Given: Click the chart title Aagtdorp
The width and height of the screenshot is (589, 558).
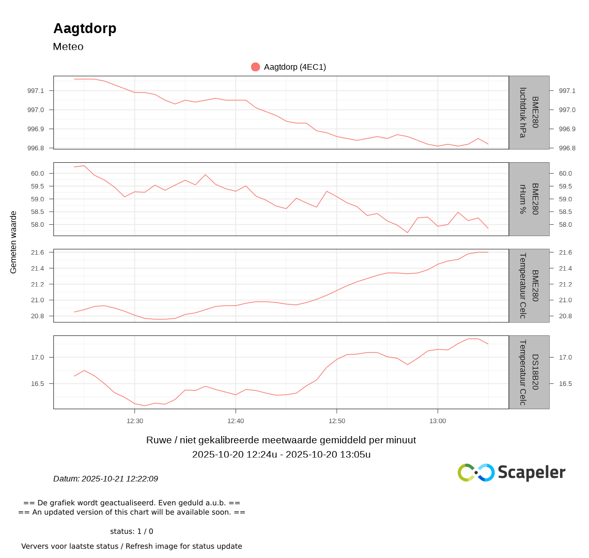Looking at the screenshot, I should (x=85, y=28).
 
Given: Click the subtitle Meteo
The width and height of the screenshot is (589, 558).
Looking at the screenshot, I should (x=68, y=47).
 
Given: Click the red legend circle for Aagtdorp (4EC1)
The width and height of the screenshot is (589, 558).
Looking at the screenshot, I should (x=255, y=67).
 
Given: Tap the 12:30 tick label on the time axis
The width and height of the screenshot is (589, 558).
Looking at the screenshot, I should (x=135, y=421).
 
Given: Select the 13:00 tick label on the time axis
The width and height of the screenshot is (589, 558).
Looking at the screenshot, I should (x=438, y=421).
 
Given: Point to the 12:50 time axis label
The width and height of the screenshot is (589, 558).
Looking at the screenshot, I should (x=337, y=421).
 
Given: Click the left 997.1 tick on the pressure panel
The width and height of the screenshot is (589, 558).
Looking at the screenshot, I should (x=36, y=91).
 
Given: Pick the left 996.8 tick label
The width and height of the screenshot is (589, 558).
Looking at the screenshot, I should (x=36, y=148).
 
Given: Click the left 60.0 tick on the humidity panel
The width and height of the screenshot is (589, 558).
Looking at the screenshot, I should (x=38, y=174).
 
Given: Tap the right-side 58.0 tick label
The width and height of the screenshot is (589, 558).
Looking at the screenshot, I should (x=565, y=225).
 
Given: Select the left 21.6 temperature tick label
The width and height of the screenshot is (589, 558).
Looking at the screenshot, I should (x=38, y=253).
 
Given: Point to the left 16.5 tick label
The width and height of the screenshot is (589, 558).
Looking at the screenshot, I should (x=38, y=384).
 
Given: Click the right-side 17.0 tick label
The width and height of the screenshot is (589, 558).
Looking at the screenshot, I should (x=565, y=358).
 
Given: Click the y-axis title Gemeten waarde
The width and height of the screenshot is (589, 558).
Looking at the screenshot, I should (x=13, y=242).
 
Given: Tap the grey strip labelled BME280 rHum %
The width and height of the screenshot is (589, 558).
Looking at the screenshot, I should (x=529, y=199).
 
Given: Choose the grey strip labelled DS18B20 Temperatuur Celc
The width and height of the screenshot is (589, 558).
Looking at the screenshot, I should (x=529, y=372).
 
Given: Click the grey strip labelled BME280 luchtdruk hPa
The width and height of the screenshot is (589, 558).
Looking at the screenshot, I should (x=529, y=113).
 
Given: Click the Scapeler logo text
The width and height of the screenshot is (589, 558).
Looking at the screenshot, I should (x=531, y=472).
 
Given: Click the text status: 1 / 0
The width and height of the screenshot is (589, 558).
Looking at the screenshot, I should (x=131, y=531).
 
